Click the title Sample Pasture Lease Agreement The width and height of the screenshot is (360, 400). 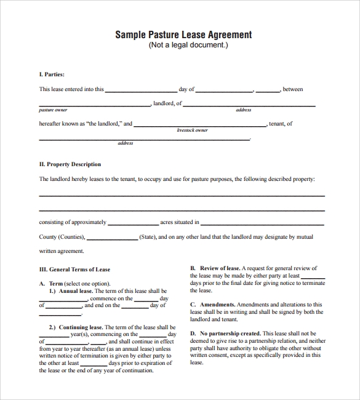pos(183,34)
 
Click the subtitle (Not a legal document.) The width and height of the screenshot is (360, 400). pos(183,45)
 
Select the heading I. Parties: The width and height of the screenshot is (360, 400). pos(52,74)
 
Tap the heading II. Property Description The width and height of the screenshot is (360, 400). pos(70,164)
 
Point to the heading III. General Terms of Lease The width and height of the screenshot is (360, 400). pos(74,270)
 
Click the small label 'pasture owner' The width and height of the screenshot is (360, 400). pos(53,110)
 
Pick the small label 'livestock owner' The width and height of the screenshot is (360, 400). pos(192,130)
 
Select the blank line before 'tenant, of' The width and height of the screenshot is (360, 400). pos(200,125)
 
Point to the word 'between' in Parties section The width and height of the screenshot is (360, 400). pos(293,89)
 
